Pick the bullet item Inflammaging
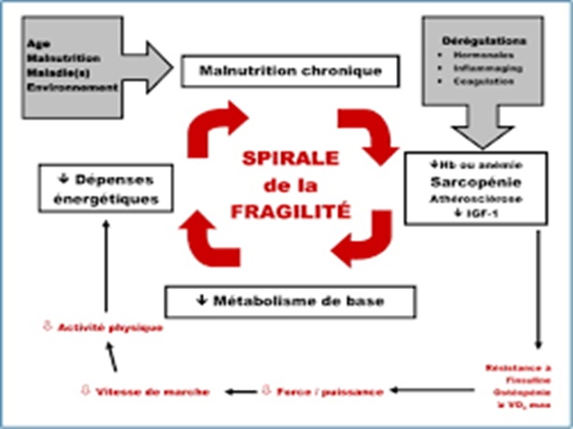coord(486,65)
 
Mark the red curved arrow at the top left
coord(219,130)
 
